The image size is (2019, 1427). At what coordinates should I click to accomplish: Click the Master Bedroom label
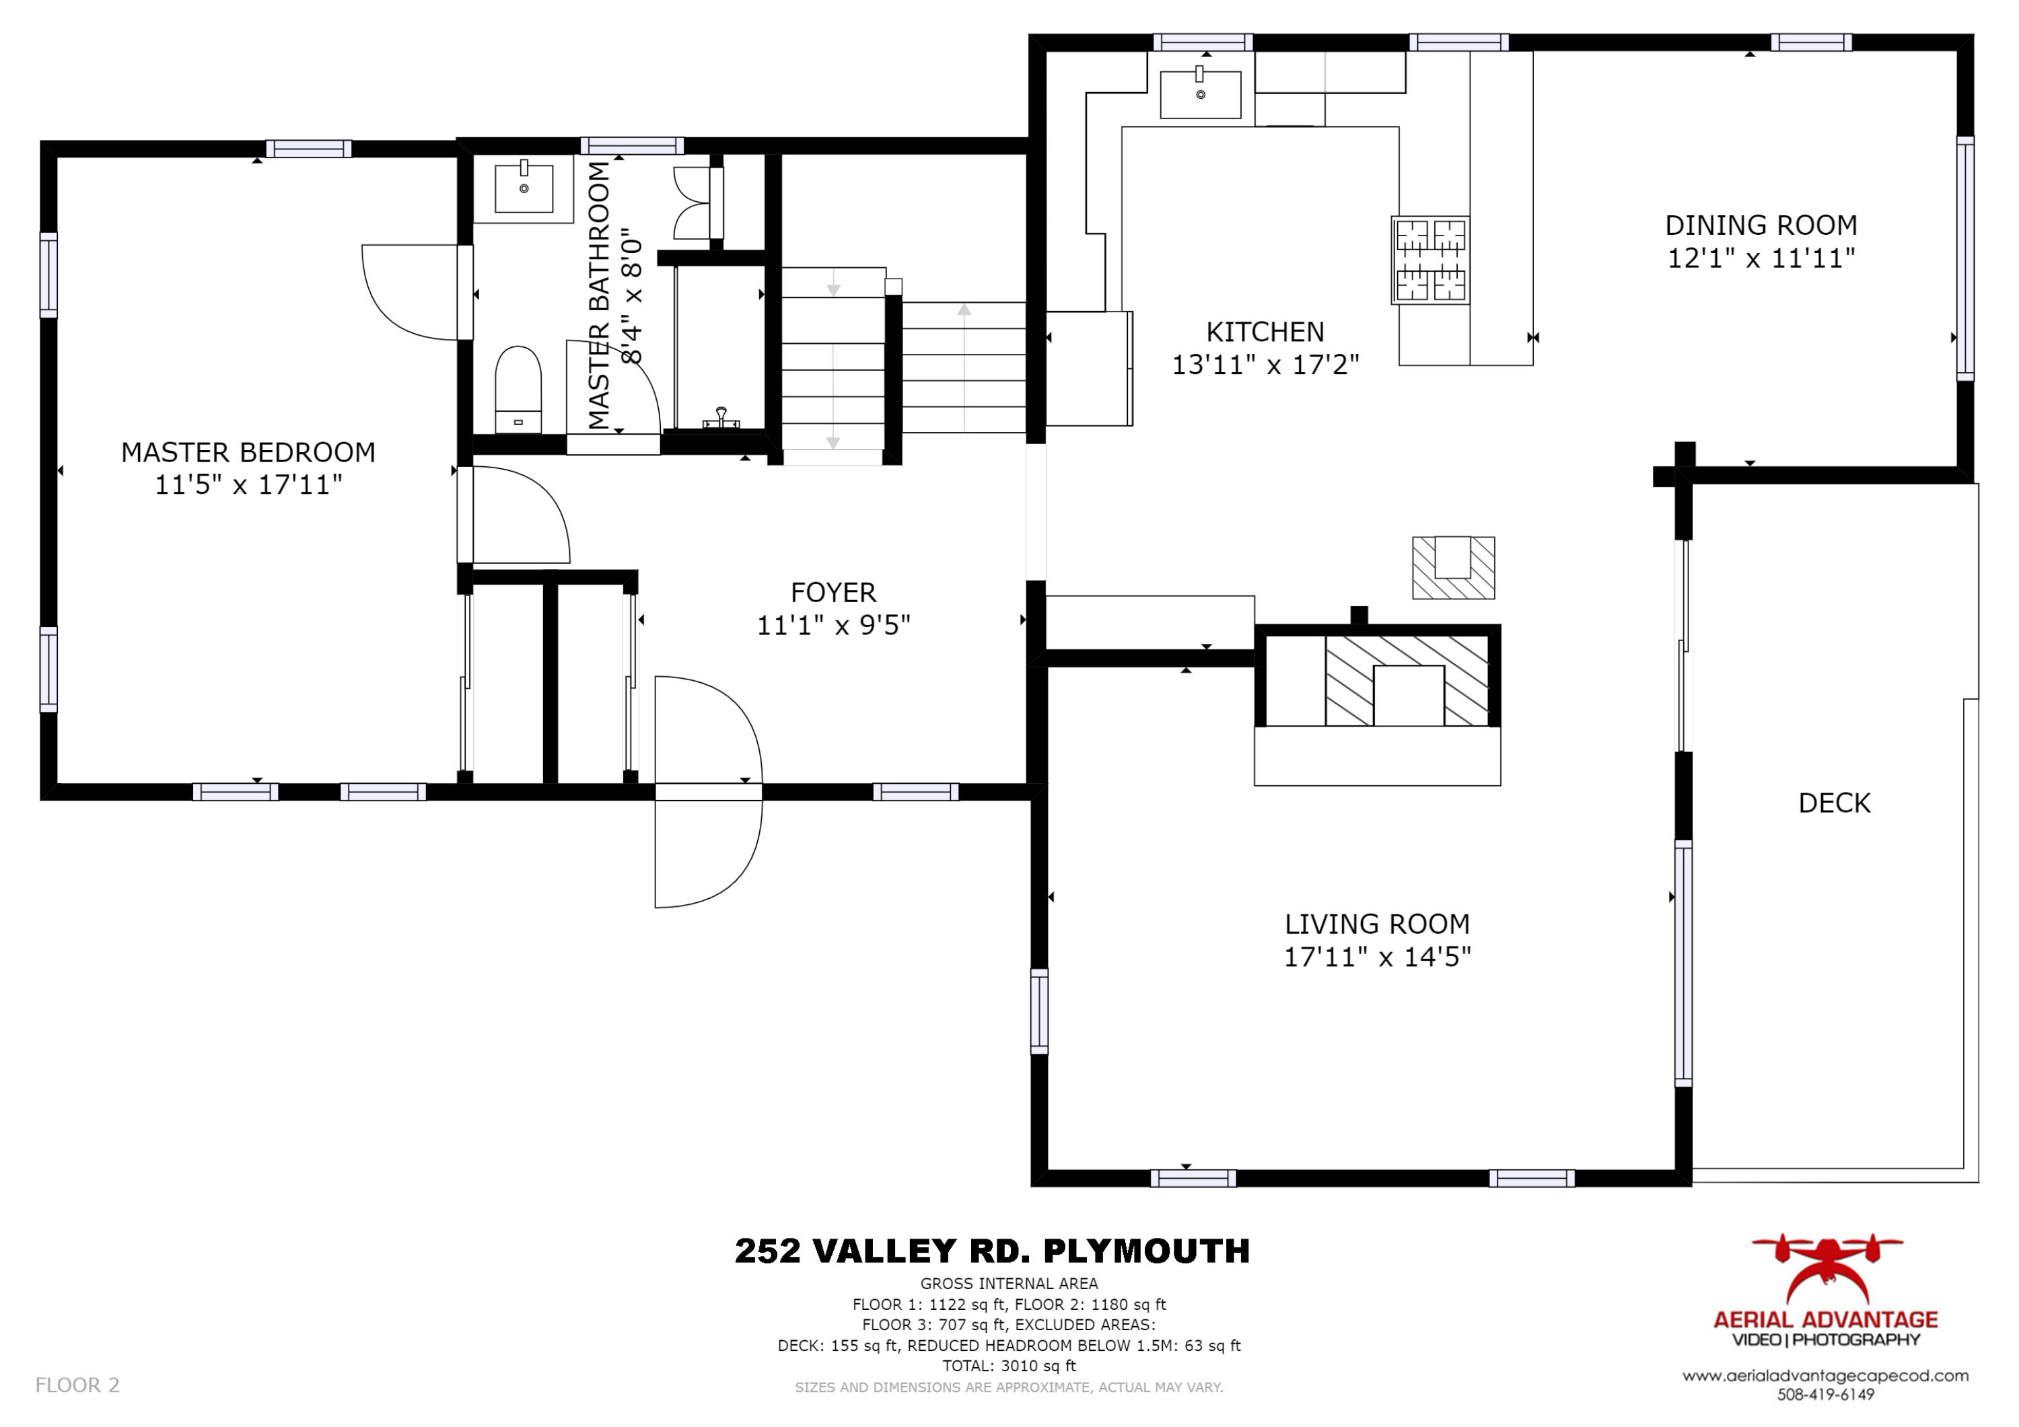click(x=248, y=453)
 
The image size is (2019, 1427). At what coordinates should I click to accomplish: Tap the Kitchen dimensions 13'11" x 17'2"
click(x=1265, y=364)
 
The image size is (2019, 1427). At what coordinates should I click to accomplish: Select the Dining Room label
click(x=1761, y=225)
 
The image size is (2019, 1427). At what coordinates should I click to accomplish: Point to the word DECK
click(x=1835, y=803)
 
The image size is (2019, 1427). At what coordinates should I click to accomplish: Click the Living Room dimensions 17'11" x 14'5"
click(x=1377, y=957)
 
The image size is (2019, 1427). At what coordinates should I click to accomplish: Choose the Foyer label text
click(x=833, y=593)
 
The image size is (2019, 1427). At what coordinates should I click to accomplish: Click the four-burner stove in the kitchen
click(x=1431, y=260)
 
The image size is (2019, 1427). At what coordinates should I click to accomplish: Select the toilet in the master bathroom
click(x=518, y=389)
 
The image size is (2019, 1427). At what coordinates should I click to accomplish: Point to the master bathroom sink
click(x=524, y=187)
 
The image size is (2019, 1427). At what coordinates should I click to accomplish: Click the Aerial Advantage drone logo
click(x=1827, y=1270)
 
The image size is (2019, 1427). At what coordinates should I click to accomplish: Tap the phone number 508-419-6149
click(x=1826, y=1395)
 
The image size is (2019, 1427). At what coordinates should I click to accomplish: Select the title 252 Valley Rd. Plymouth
click(x=992, y=1250)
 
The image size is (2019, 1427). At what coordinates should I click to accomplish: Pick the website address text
click(x=1826, y=1376)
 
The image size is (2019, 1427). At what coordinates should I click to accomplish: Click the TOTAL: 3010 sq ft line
click(x=1010, y=1366)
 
